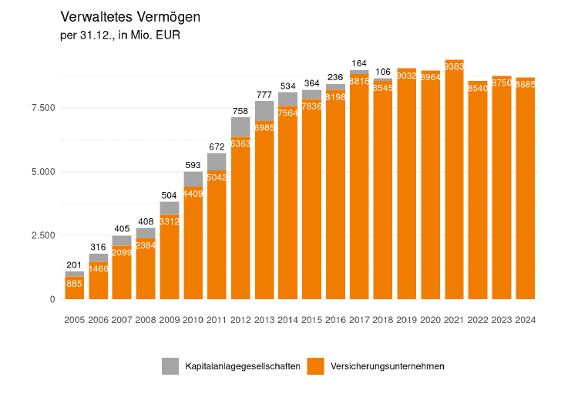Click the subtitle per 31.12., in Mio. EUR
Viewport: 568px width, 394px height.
pos(119,35)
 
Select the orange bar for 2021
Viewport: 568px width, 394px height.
pos(455,185)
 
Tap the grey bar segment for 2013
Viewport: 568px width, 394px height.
pos(264,111)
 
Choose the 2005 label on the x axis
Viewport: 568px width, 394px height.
pos(75,320)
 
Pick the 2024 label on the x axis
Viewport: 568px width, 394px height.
pos(526,320)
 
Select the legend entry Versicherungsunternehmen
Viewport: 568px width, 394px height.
pos(387,366)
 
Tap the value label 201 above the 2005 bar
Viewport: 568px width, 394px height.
pos(75,265)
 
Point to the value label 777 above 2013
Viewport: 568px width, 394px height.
pos(264,94)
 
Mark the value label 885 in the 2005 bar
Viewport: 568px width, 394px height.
pos(75,285)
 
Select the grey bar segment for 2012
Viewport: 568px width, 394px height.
pos(240,126)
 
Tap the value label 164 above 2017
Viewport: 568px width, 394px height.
pos(359,63)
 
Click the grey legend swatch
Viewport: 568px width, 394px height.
pos(170,366)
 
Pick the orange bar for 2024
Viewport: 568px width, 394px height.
pos(526,193)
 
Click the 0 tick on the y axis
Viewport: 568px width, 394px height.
pos(52,299)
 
